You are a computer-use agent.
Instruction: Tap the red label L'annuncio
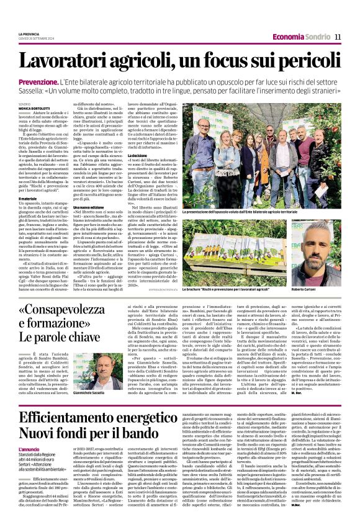29,449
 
